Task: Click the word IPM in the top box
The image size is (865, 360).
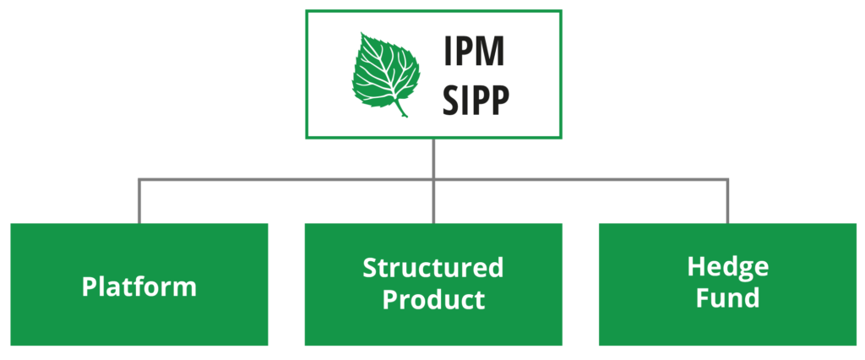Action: [474, 52]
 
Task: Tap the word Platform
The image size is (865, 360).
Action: [139, 286]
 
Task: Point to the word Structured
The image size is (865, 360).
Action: [432, 269]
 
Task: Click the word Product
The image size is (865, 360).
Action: [433, 299]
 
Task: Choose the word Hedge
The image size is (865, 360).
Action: [727, 268]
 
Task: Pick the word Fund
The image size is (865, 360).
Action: [727, 298]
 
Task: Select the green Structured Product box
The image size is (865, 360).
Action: [433, 325]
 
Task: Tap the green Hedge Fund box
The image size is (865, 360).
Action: [727, 325]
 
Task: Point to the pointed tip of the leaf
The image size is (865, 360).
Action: [363, 35]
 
